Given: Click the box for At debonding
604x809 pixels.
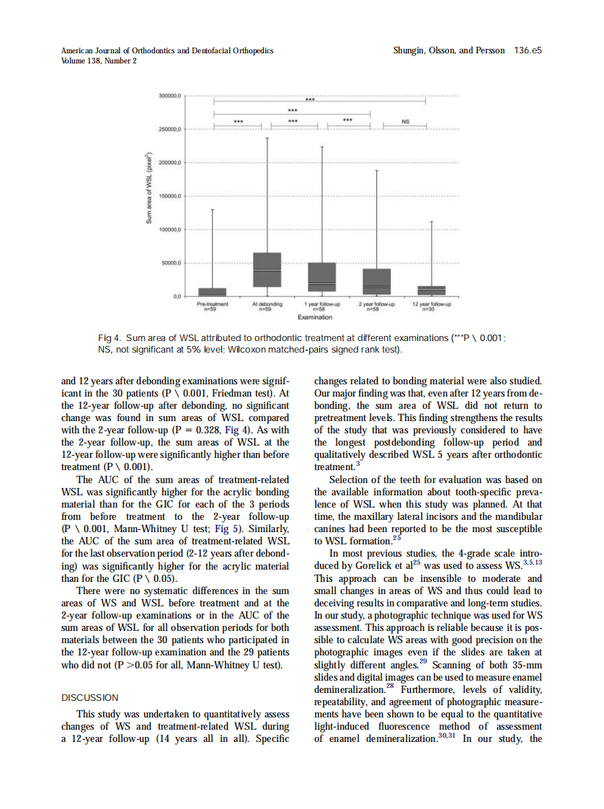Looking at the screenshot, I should click(x=267, y=270).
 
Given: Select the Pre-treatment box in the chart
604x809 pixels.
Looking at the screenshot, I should click(x=212, y=291).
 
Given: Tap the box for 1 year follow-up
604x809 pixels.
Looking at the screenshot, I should click(x=321, y=277).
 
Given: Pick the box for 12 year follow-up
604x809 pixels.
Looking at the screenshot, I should click(x=431, y=290).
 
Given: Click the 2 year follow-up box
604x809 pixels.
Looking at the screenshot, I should click(x=376, y=281).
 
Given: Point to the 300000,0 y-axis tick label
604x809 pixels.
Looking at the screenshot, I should click(x=171, y=95).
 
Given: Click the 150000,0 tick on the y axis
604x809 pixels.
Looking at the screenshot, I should click(x=171, y=195).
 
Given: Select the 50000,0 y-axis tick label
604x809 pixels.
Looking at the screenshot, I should click(x=171, y=262).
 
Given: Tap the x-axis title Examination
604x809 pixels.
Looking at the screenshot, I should click(x=314, y=317).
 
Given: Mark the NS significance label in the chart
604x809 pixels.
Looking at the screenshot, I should click(x=404, y=122).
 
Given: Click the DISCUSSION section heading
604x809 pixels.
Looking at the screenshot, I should click(x=90, y=697).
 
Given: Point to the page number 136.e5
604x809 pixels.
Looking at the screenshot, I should click(x=528, y=51).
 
